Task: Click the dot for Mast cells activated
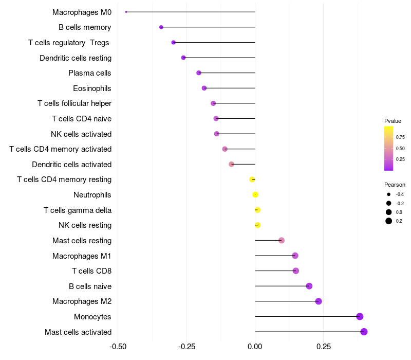coord(364,332)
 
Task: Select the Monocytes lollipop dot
coord(360,316)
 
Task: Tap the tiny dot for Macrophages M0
coord(126,12)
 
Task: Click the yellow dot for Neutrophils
coord(255,195)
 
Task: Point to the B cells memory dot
coord(161,27)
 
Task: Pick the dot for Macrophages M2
coord(319,301)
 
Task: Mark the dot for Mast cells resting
coord(282,241)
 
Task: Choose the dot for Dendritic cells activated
coord(231,165)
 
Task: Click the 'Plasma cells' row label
coord(90,73)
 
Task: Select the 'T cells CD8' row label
coord(91,271)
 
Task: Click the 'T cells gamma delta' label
coord(78,210)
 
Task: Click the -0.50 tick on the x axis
coord(118,347)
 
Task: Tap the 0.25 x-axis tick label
coord(324,347)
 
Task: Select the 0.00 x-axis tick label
coord(255,347)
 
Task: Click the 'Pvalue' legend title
coord(393,121)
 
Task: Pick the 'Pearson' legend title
coord(395,185)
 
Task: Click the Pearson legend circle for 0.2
coord(389,221)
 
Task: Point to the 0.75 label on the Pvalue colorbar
coord(400,137)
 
